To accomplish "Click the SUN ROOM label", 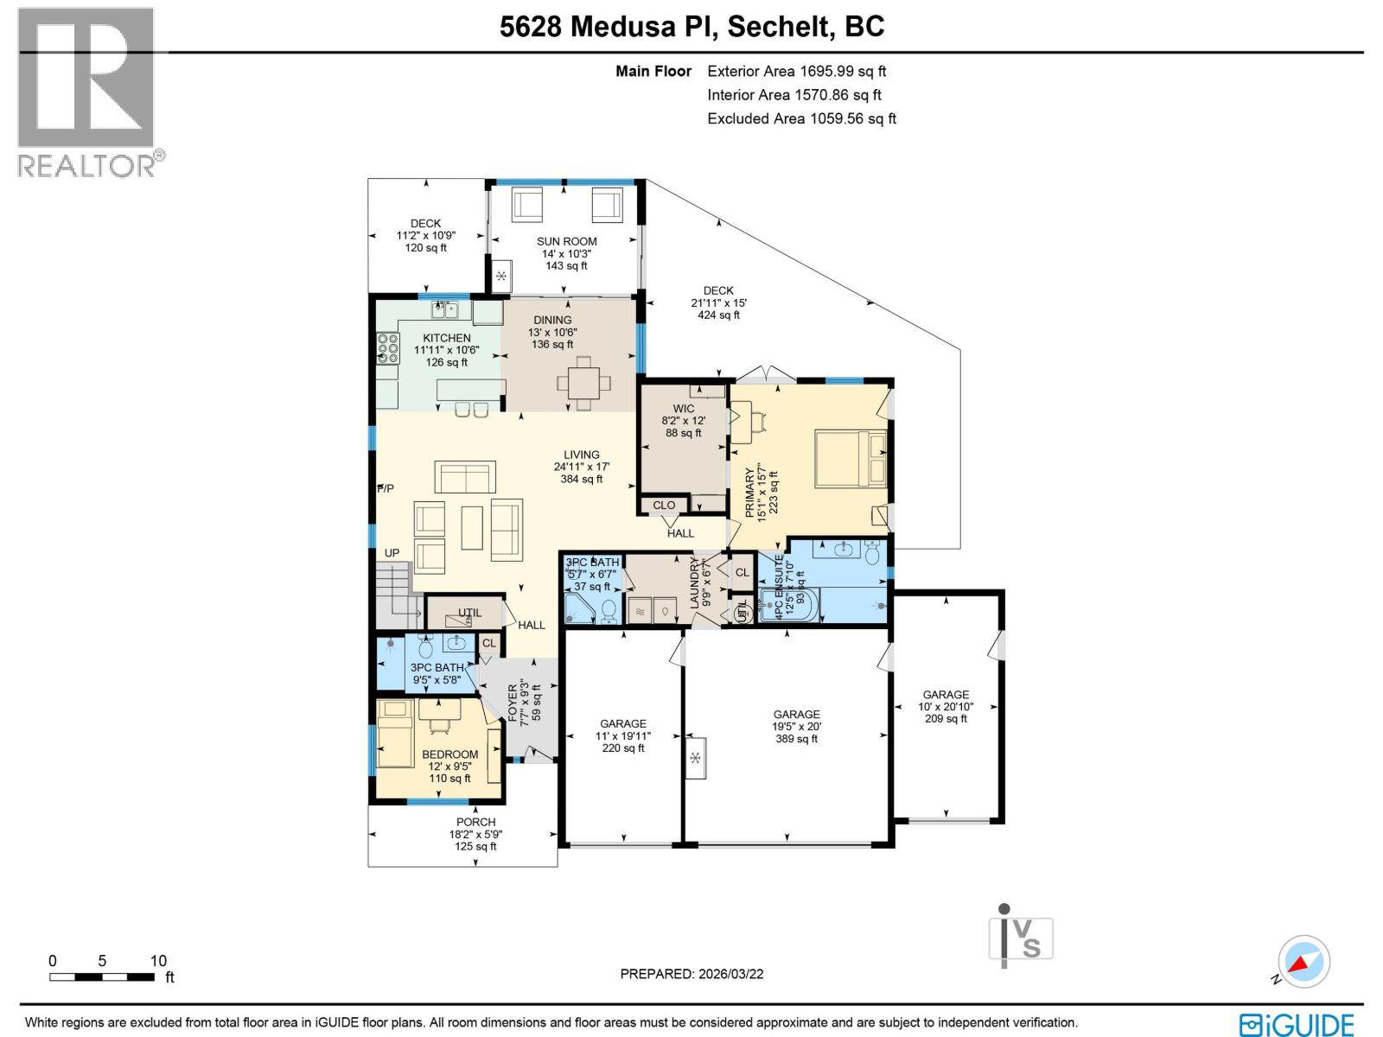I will point(566,242).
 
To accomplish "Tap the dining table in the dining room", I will point(583,381).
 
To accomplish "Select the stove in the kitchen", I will point(388,348).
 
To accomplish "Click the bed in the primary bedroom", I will point(851,458).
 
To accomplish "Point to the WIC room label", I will point(683,409).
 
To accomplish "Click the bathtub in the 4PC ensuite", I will point(787,608).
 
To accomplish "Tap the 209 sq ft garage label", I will point(946,706).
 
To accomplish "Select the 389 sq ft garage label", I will point(796,726).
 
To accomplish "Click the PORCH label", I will point(475,822).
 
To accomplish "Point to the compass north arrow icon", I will point(1304,962).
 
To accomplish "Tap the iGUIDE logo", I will point(1296,1025).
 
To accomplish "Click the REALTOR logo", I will point(86,92).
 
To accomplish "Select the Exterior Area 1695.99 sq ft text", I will point(796,72).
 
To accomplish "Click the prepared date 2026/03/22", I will point(691,974).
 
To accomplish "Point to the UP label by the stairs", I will point(392,553).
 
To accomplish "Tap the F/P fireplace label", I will point(386,489).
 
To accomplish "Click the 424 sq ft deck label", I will point(718,303).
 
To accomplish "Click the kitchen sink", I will point(446,309).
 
